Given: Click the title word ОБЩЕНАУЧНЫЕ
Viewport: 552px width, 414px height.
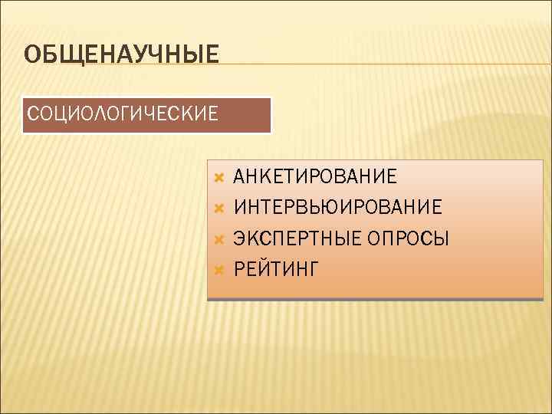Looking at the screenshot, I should [x=121, y=54].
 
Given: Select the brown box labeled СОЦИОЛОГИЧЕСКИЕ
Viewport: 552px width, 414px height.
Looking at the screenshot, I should [x=146, y=115].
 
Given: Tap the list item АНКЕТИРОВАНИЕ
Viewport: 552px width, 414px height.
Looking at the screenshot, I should [x=315, y=177].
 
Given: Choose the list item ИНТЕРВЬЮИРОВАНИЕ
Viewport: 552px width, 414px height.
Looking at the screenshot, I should [x=337, y=208].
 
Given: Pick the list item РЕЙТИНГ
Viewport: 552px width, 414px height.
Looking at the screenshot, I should [x=276, y=269].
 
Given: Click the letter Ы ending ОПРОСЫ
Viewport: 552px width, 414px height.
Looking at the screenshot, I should [x=441, y=238].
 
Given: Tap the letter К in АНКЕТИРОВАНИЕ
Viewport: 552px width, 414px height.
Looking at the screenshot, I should [x=265, y=177].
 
